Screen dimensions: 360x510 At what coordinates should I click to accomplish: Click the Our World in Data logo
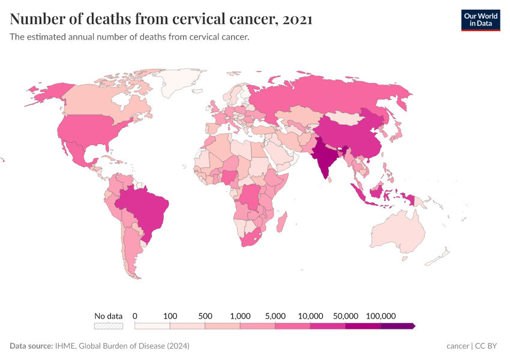480,20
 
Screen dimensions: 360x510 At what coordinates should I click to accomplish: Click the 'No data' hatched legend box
108,326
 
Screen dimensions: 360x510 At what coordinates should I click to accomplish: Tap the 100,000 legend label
380,316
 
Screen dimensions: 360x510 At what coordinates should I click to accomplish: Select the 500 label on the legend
205,316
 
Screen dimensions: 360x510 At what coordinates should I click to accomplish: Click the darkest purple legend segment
397,326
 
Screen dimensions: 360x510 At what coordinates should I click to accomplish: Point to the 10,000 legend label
310,316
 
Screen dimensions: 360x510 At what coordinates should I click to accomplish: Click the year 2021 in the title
296,19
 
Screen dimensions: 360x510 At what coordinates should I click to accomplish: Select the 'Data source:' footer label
31,346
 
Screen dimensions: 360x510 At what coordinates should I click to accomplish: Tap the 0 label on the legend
135,316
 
